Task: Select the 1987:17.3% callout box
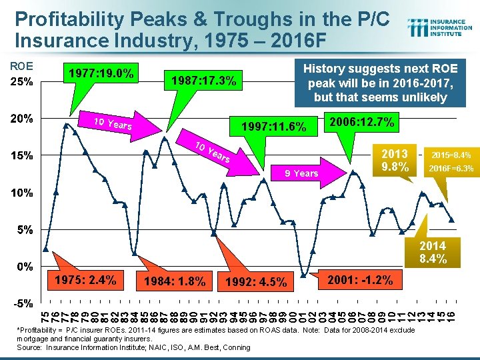(203, 81)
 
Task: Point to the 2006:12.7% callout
(361, 122)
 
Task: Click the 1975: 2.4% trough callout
(87, 279)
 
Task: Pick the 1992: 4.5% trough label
(256, 282)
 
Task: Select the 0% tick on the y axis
(25, 267)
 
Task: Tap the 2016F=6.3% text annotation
(451, 169)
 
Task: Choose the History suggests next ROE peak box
(379, 83)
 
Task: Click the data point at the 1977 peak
(65, 125)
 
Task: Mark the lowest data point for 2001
(304, 275)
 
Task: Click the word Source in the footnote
(29, 347)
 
